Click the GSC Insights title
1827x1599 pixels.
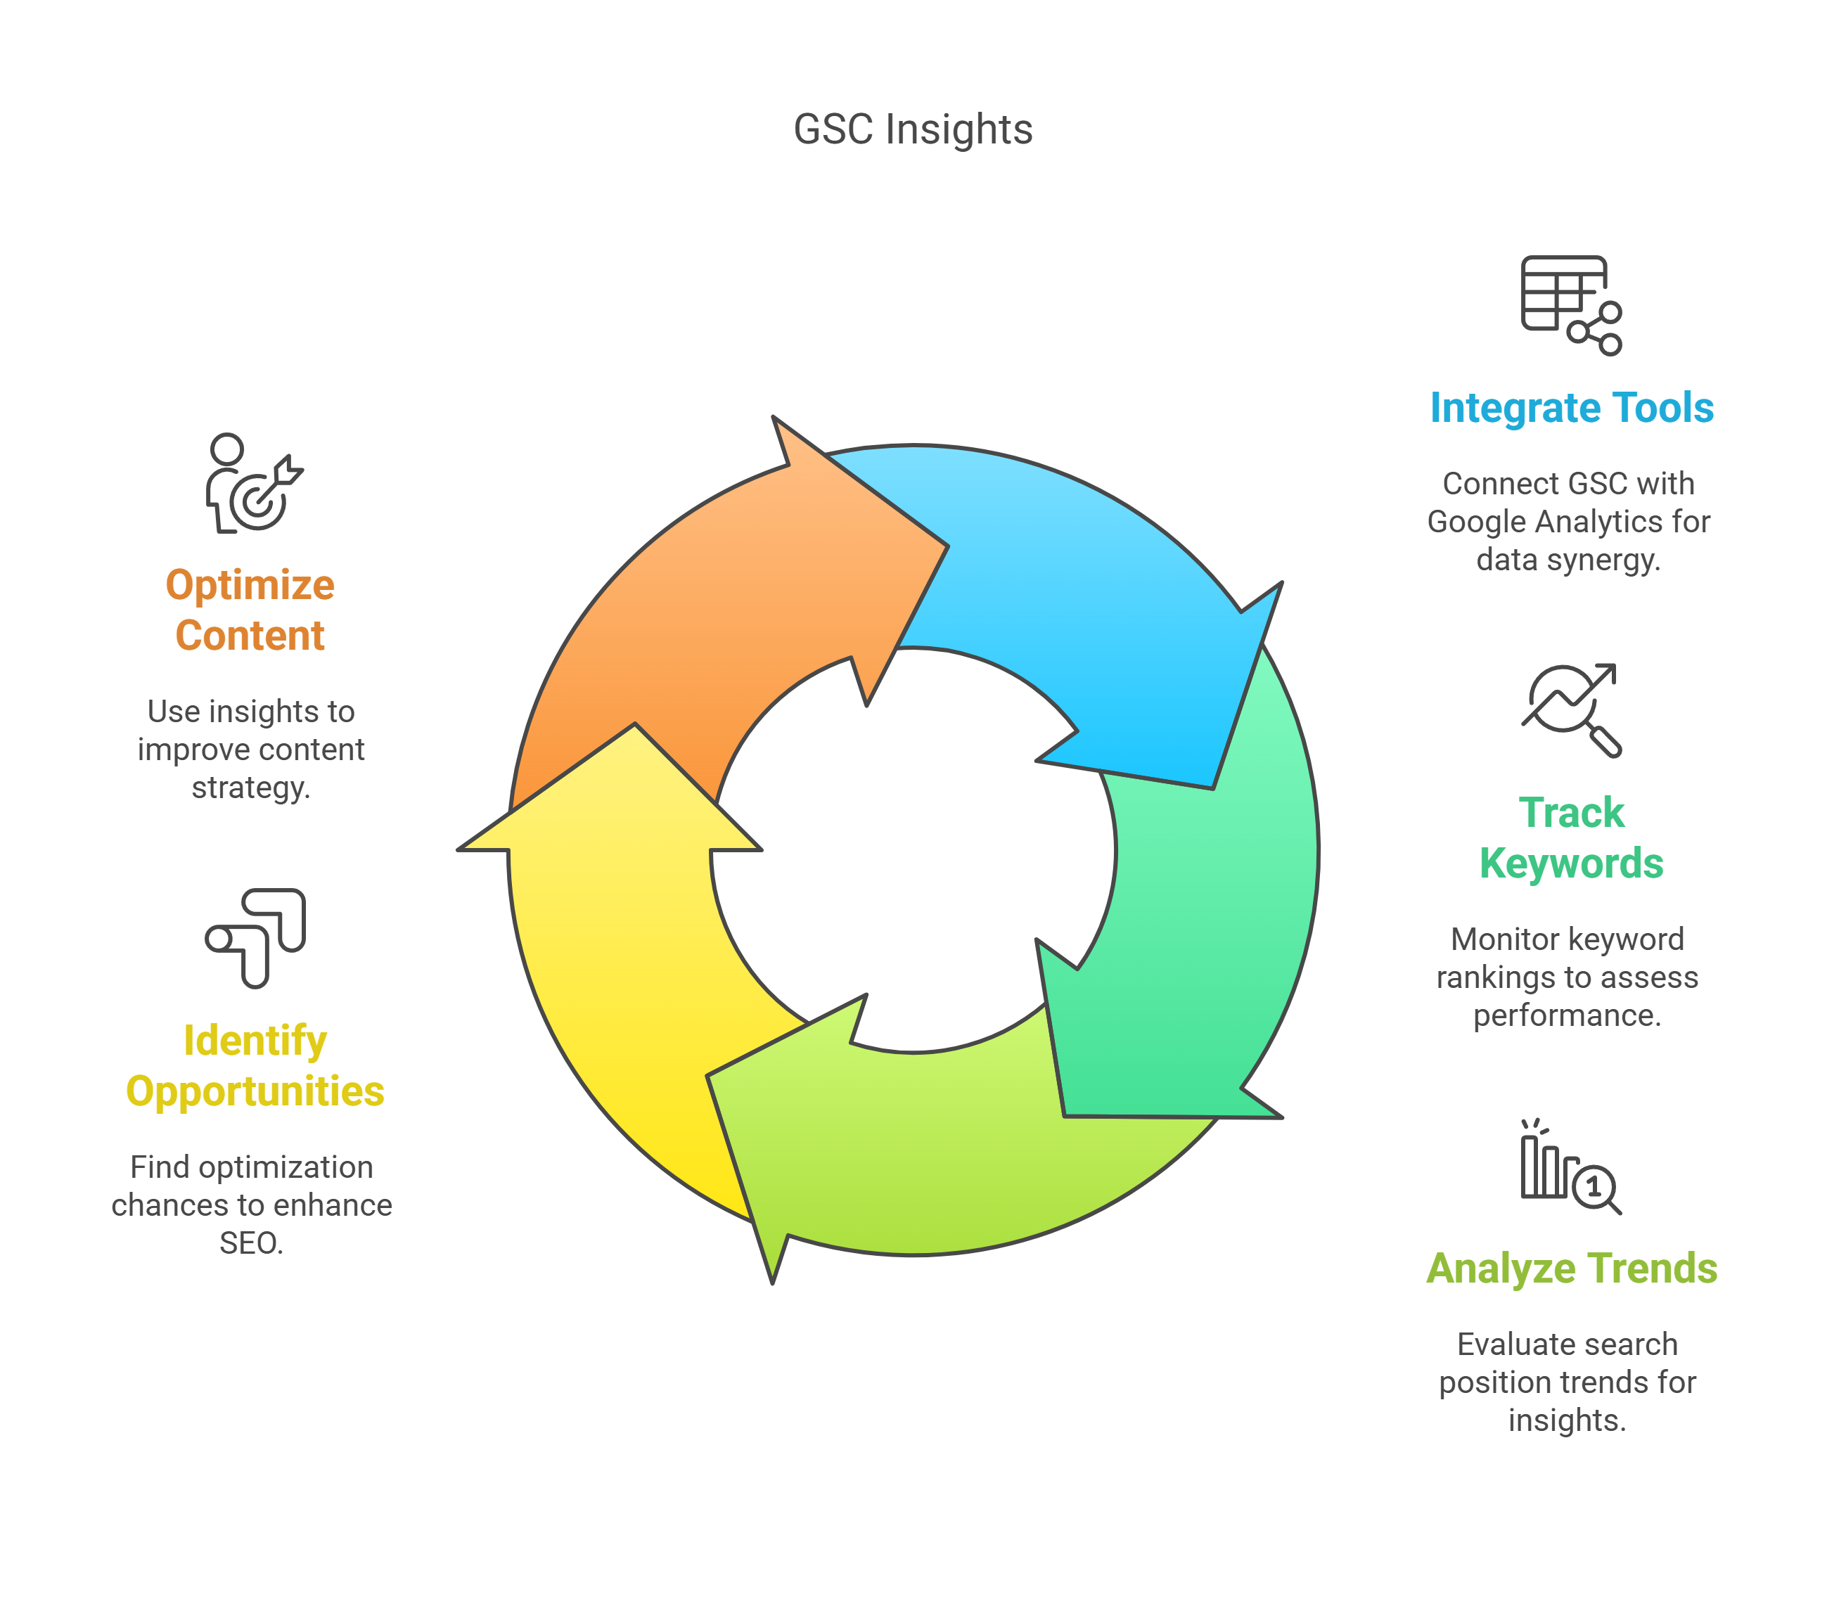pyautogui.click(x=912, y=129)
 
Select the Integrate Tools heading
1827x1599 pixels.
pyautogui.click(x=1571, y=408)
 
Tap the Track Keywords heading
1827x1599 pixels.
pyautogui.click(x=1571, y=838)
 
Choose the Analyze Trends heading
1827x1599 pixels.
pyautogui.click(x=1571, y=1268)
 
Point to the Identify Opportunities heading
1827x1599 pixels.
pyautogui.click(x=255, y=1065)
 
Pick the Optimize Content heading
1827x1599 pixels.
pyautogui.click(x=250, y=610)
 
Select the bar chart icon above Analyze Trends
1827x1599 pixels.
pyautogui.click(x=1569, y=1167)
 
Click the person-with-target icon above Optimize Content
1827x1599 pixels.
pyautogui.click(x=252, y=484)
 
